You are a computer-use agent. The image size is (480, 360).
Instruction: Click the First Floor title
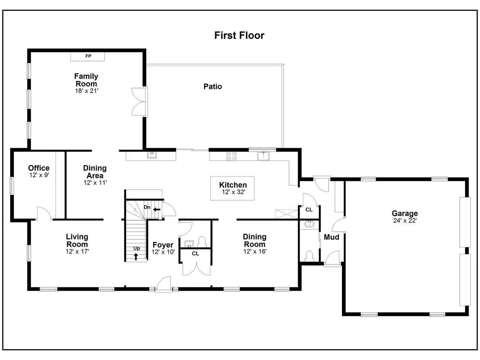[239, 35]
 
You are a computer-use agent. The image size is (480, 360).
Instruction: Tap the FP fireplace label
[88, 56]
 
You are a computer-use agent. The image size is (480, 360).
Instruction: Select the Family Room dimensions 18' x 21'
[87, 91]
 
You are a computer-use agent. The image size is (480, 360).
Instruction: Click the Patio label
[213, 87]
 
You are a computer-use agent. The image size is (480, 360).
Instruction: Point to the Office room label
[39, 168]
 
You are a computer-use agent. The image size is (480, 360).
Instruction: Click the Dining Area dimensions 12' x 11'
[95, 183]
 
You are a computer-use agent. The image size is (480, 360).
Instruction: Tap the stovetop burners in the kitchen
[231, 156]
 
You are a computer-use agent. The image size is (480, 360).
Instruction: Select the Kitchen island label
[233, 185]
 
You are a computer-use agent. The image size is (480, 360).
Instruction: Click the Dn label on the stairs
[147, 207]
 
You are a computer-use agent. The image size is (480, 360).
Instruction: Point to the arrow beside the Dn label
[157, 210]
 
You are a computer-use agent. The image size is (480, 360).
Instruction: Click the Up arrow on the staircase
[136, 256]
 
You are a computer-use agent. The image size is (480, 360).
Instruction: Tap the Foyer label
[163, 245]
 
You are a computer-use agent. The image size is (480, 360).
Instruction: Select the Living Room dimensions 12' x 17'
[77, 251]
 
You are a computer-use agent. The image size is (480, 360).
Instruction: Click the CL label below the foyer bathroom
[195, 253]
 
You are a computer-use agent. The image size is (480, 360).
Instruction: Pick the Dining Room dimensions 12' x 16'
[255, 251]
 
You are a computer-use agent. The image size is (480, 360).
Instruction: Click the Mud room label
[331, 237]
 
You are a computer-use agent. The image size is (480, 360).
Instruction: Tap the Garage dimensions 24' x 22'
[405, 220]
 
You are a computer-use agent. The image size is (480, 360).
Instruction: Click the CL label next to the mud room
[309, 210]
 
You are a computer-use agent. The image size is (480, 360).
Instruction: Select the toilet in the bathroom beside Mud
[309, 256]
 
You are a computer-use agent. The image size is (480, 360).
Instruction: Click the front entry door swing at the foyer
[163, 283]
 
